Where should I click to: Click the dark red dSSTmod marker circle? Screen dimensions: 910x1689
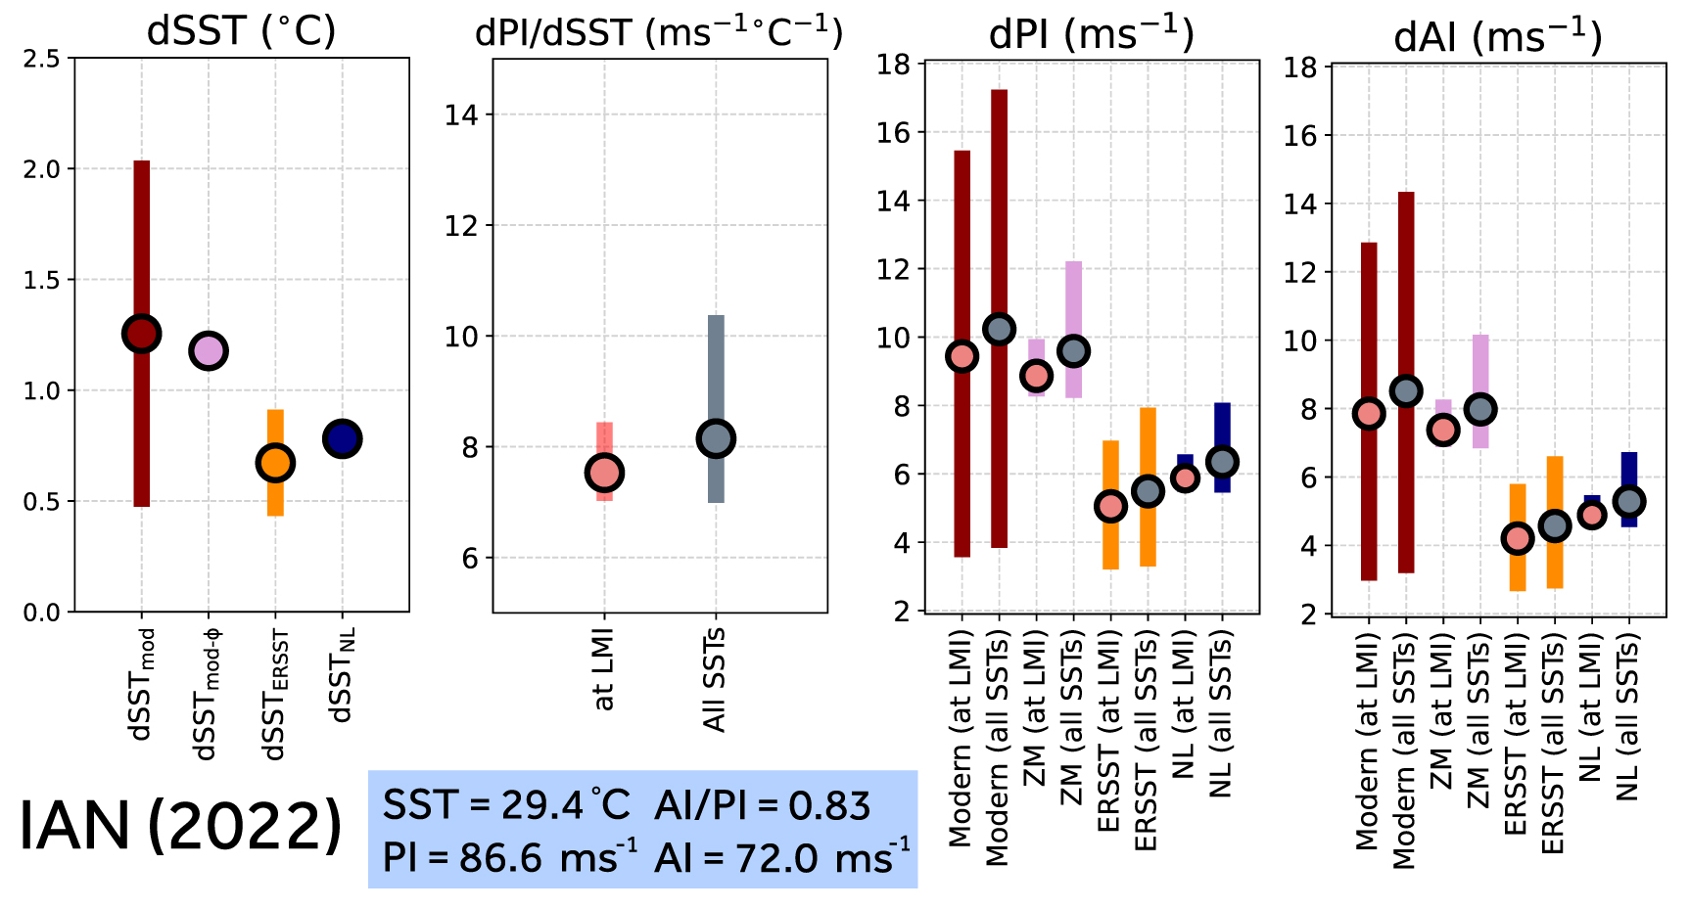(141, 334)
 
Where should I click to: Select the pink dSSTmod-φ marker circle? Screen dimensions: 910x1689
(208, 350)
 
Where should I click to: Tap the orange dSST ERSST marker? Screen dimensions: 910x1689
(275, 463)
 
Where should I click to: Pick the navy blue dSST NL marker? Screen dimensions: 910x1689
(342, 439)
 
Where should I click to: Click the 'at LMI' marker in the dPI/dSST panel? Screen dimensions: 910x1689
(604, 473)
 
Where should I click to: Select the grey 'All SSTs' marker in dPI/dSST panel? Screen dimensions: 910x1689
(716, 439)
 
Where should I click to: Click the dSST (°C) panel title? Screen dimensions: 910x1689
(241, 31)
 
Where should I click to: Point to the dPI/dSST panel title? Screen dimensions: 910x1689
(659, 33)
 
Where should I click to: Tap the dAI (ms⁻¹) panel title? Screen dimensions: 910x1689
(1497, 37)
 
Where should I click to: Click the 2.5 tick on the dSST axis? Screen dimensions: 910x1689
(41, 59)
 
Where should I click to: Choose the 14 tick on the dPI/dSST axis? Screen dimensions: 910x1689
(461, 115)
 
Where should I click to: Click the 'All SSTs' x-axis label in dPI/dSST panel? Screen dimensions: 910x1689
(716, 681)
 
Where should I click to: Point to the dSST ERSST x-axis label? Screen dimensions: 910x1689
(275, 696)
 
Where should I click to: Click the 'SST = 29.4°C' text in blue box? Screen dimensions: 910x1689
(506, 805)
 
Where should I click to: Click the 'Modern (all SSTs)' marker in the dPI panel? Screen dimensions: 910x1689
(999, 330)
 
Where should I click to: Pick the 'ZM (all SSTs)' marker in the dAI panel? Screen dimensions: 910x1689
(1479, 409)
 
